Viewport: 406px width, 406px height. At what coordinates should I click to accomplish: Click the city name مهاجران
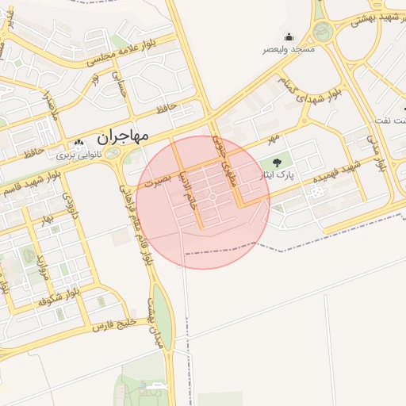click(x=123, y=136)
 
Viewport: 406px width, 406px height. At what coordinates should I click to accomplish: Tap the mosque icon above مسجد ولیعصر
click(x=289, y=36)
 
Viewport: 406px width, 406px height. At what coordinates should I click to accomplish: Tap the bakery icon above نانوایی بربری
click(x=78, y=144)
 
